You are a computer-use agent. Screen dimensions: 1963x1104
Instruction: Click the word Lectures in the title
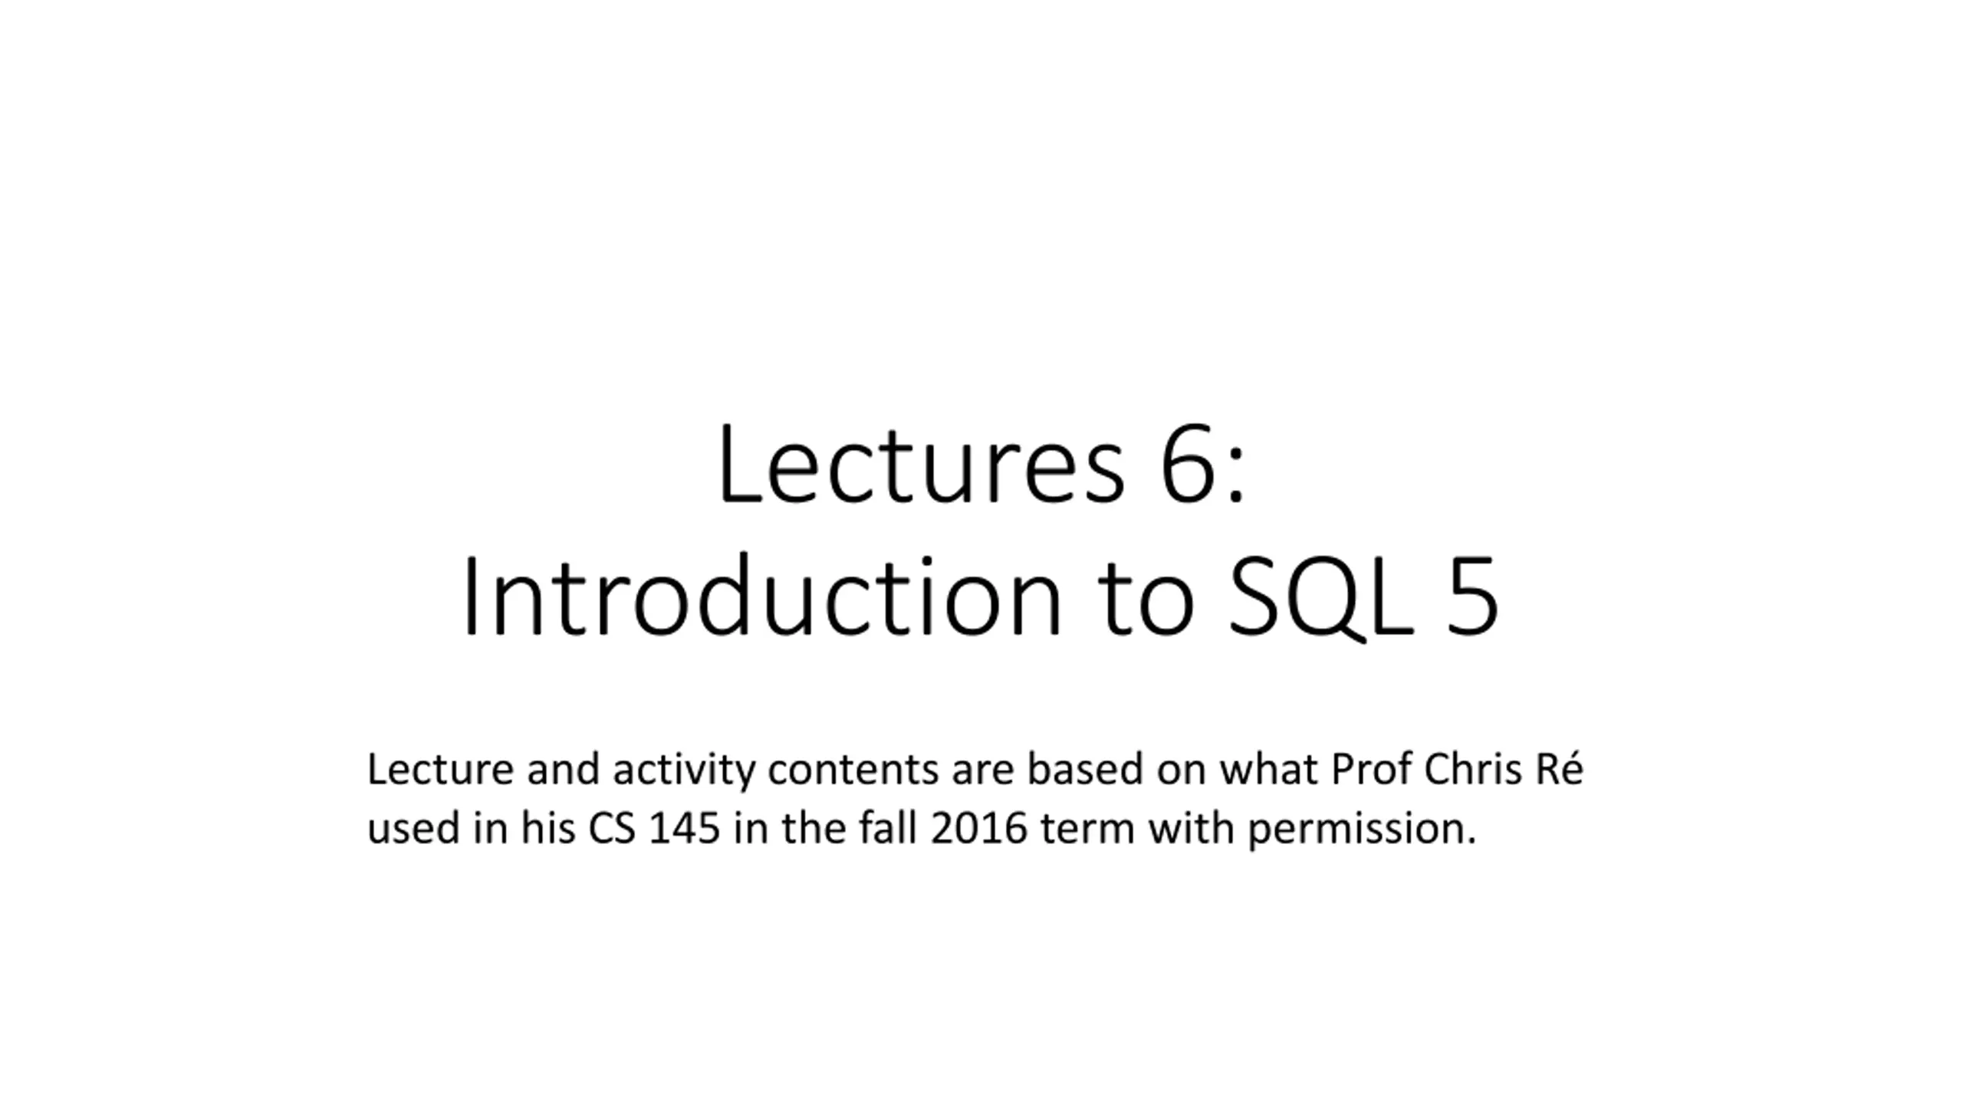pyautogui.click(x=921, y=465)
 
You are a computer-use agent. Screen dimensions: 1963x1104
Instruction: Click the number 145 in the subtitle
pyautogui.click(x=684, y=829)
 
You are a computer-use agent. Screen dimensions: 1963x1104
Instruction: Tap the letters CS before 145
pyautogui.click(x=612, y=829)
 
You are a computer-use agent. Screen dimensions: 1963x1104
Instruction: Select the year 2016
pyautogui.click(x=978, y=829)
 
